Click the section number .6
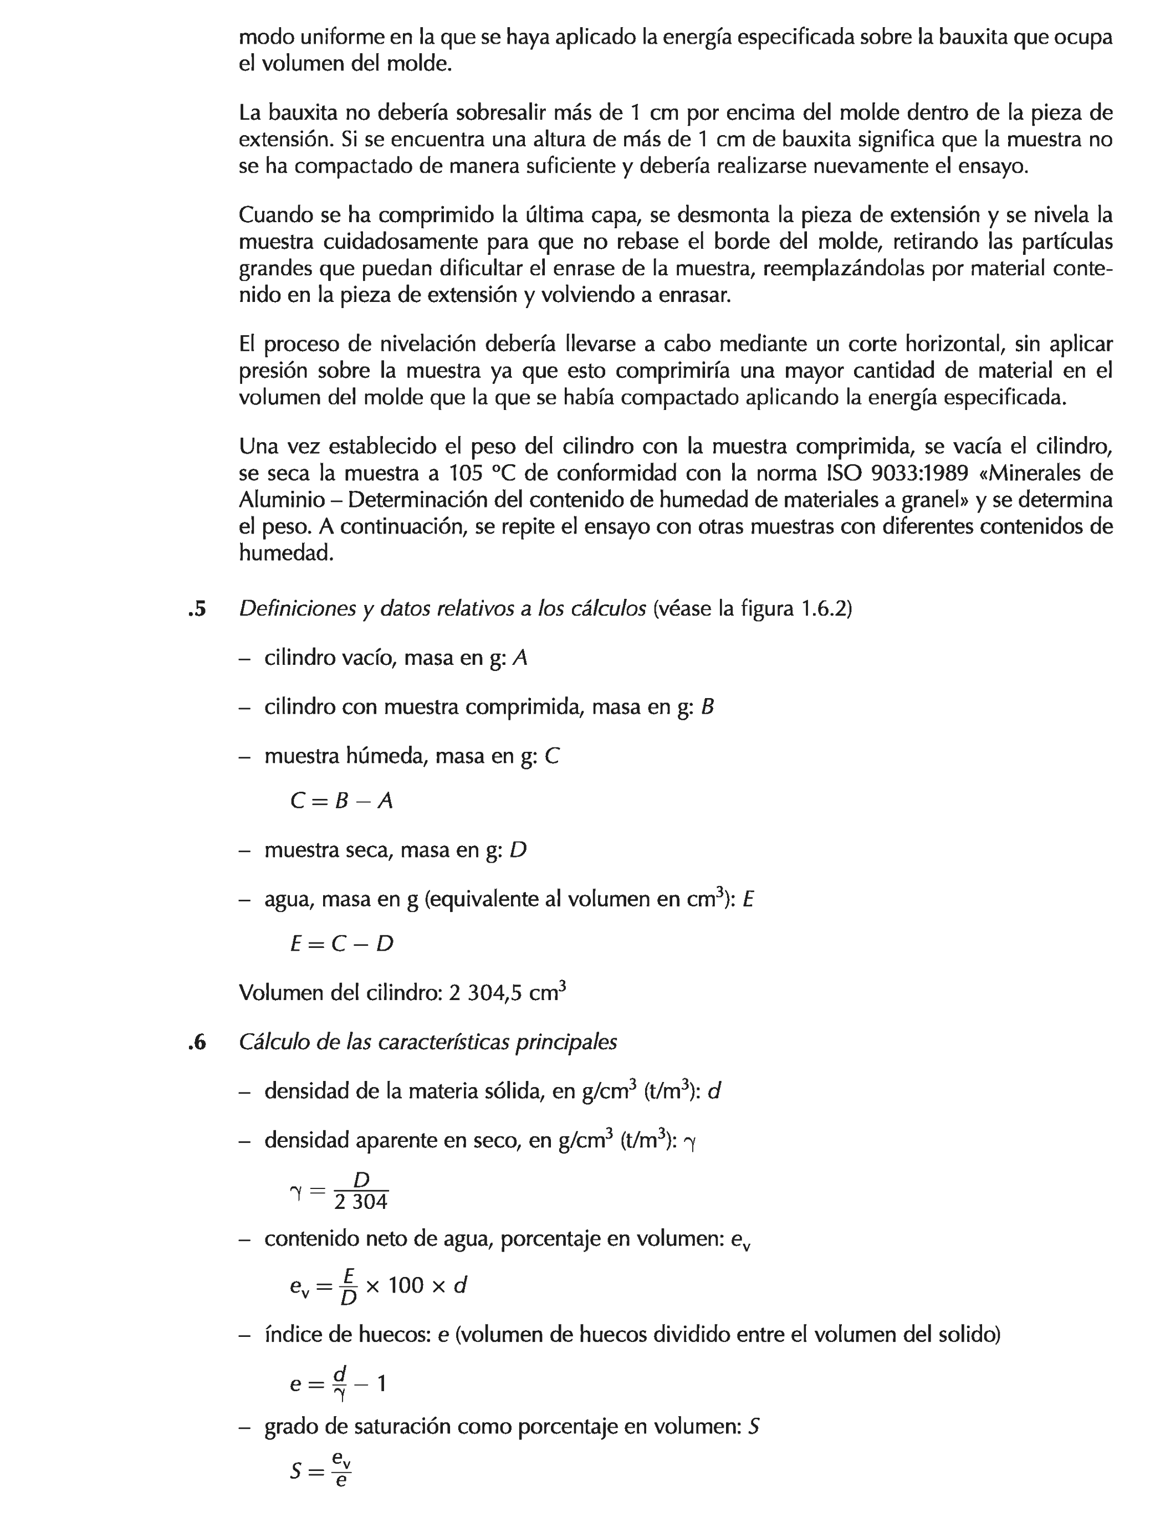[197, 1043]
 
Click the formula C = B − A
[341, 802]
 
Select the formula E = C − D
[341, 944]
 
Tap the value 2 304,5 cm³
[507, 992]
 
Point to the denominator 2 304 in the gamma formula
[360, 1202]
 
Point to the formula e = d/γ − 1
[338, 1383]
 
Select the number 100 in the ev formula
[406, 1285]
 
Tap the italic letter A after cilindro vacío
[520, 658]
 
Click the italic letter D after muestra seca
[518, 850]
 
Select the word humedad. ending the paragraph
[286, 553]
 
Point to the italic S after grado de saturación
[753, 1427]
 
